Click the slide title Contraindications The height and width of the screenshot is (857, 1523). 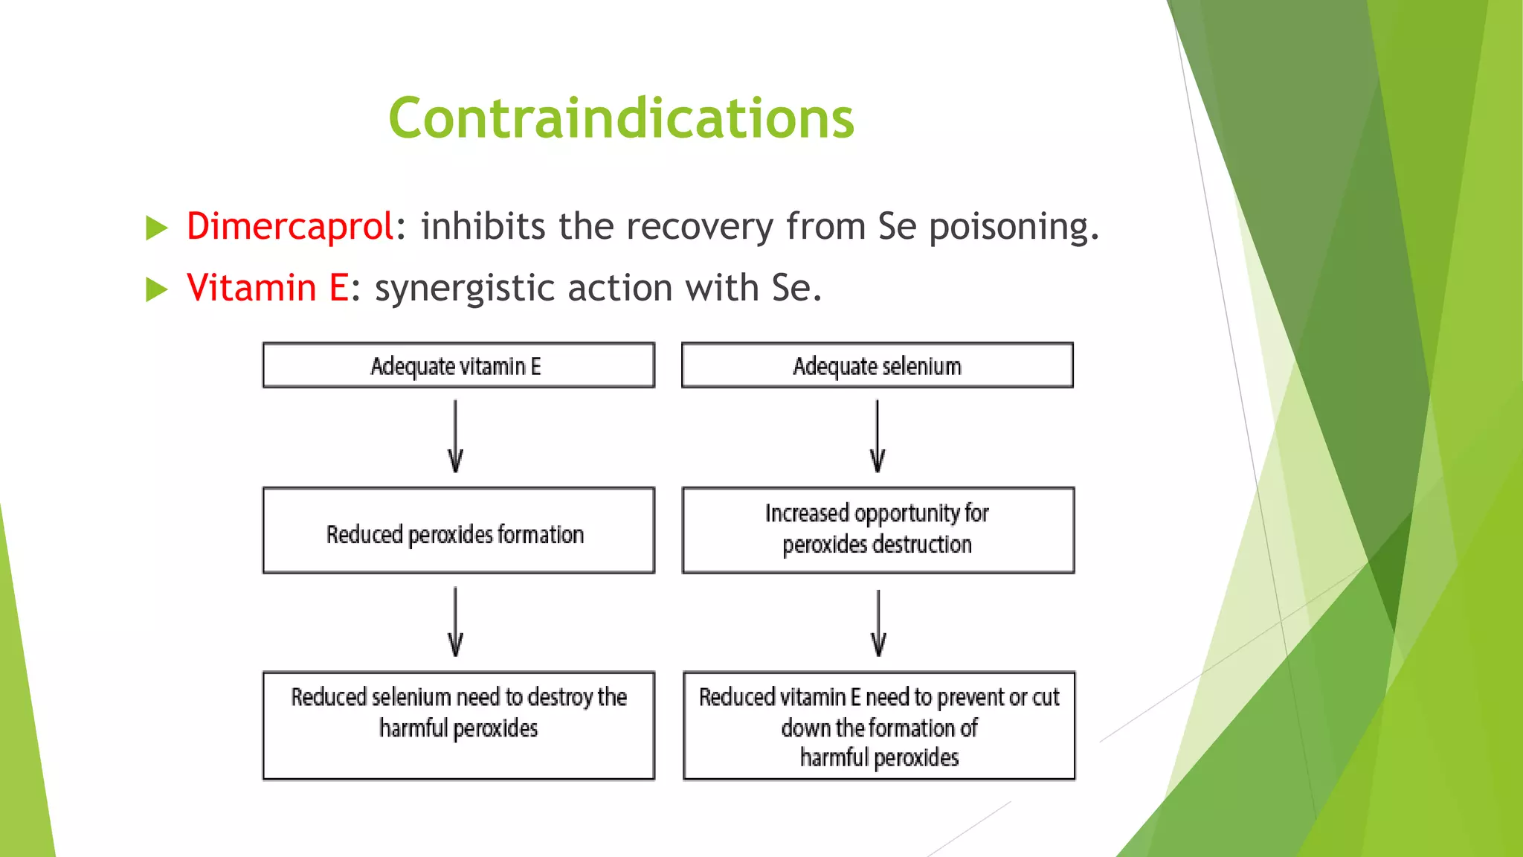(x=621, y=118)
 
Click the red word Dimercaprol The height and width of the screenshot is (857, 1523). (x=289, y=226)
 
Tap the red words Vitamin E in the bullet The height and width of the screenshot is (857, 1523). (x=268, y=288)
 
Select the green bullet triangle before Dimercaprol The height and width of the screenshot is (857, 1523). (x=157, y=228)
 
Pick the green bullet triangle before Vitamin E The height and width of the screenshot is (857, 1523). (x=157, y=289)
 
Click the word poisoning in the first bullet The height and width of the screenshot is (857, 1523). (x=1013, y=228)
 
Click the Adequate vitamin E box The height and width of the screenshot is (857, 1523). (x=458, y=365)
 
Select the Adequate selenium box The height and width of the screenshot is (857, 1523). (x=877, y=365)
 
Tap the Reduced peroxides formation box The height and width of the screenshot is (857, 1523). (x=458, y=531)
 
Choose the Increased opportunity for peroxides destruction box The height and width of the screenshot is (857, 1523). (x=878, y=530)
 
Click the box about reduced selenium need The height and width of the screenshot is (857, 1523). (x=458, y=725)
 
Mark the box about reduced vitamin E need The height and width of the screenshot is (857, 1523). (x=878, y=725)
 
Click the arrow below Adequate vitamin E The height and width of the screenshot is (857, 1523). (x=456, y=437)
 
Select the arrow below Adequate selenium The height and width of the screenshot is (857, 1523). (x=878, y=437)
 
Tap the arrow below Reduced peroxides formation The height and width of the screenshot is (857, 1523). (x=456, y=622)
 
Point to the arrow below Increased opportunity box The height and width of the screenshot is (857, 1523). (x=878, y=623)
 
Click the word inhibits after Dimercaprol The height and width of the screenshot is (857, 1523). (x=483, y=226)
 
